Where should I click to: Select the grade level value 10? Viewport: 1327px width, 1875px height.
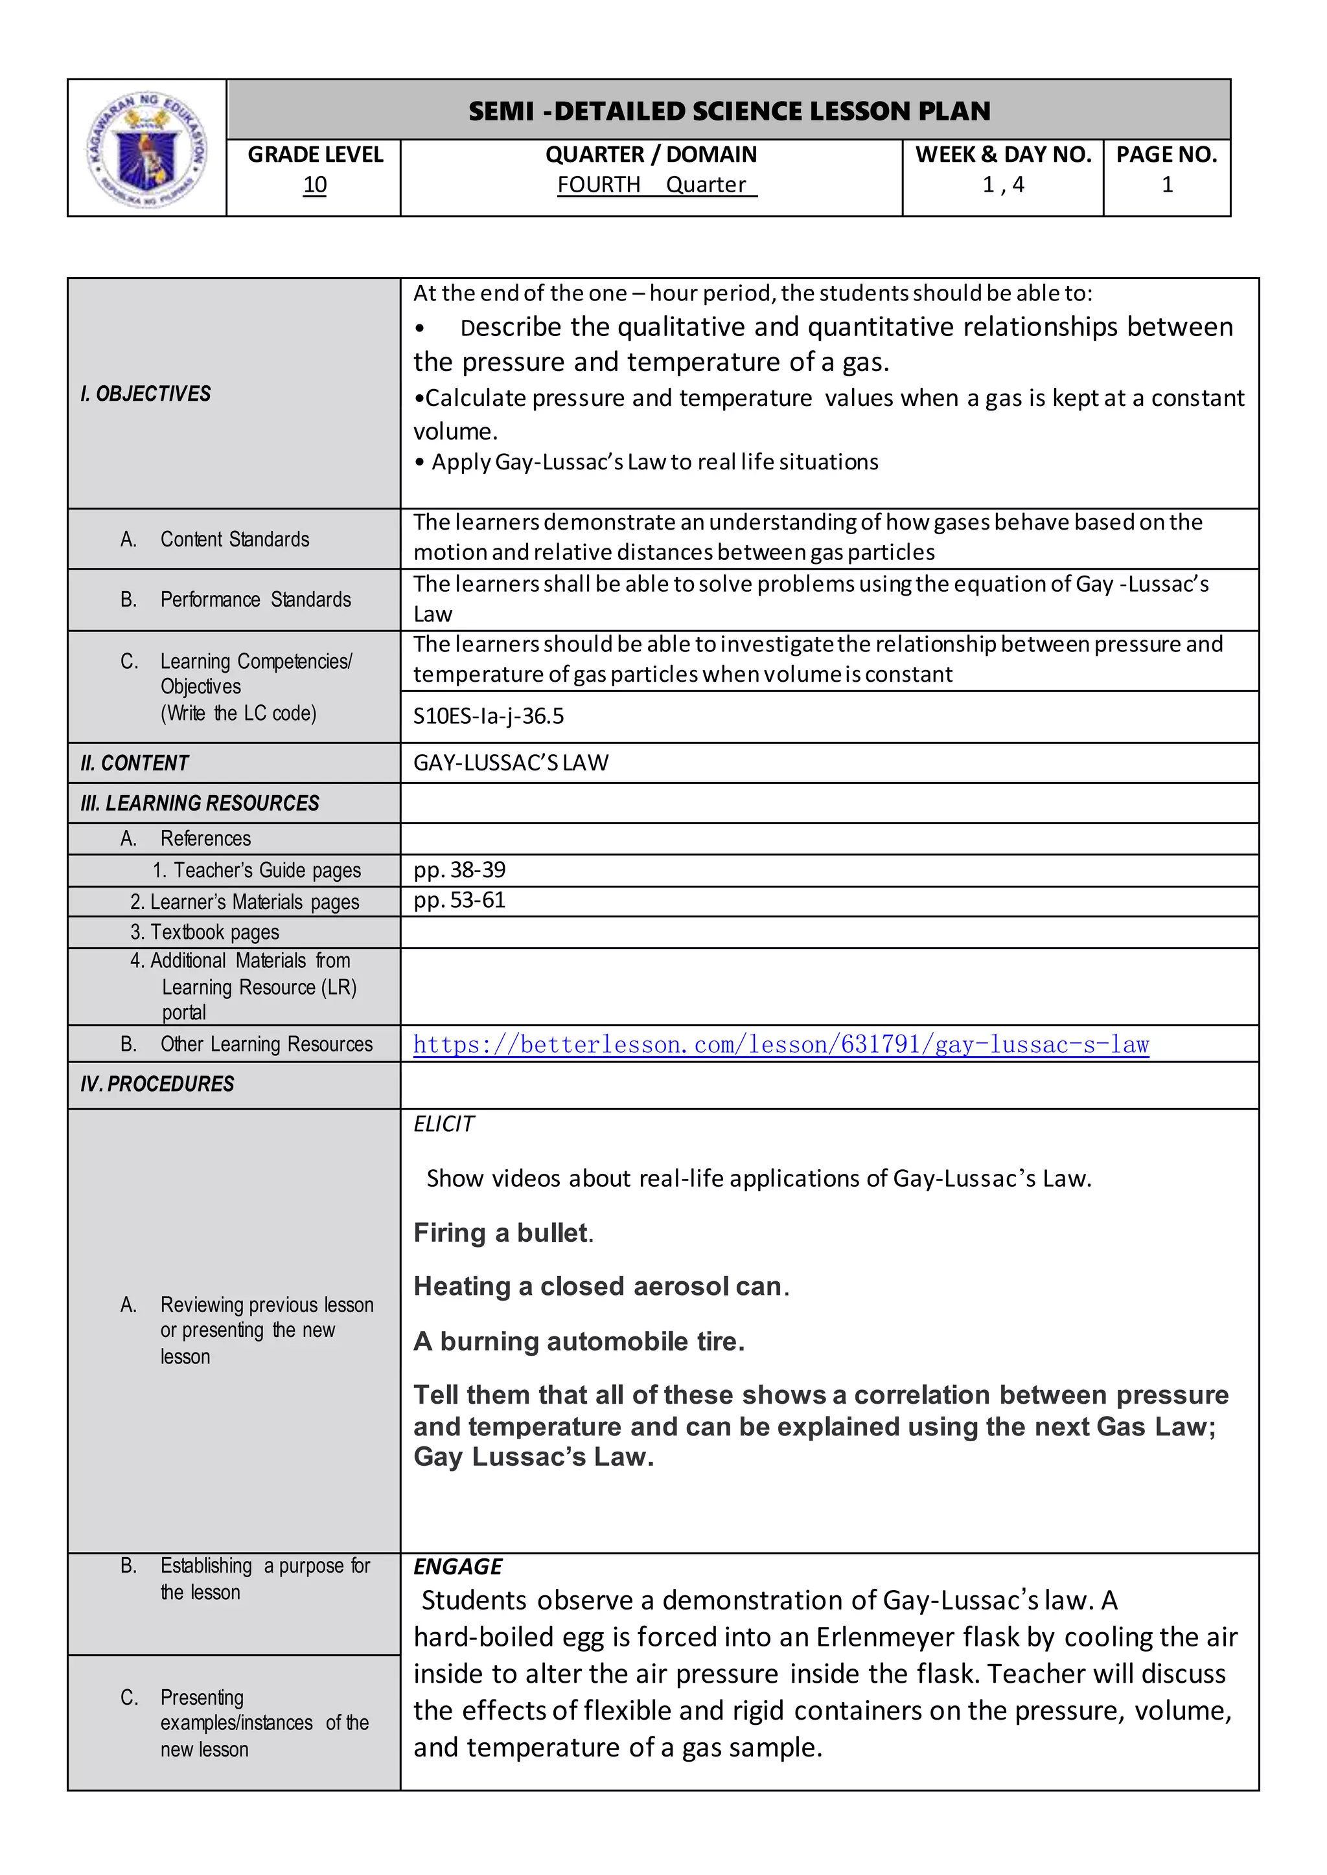click(315, 185)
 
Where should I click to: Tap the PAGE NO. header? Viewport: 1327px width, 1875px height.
click(1166, 154)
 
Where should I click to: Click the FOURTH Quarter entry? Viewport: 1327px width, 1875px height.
click(656, 185)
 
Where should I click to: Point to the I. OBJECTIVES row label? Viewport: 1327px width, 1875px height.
click(145, 394)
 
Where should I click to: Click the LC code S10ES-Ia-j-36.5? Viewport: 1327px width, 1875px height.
click(488, 716)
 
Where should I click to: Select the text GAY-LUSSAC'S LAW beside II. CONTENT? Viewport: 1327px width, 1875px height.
click(511, 763)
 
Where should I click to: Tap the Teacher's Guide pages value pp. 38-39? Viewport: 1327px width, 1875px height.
click(459, 870)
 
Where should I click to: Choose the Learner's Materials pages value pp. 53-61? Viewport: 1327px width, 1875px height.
click(459, 900)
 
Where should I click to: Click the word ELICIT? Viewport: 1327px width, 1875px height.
click(443, 1125)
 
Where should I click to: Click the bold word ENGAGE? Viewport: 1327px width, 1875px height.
click(457, 1566)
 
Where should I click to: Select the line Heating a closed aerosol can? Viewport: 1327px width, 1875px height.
click(601, 1287)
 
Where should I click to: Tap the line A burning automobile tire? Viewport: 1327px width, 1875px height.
click(579, 1341)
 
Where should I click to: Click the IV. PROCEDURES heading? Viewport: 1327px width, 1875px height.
click(157, 1084)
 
